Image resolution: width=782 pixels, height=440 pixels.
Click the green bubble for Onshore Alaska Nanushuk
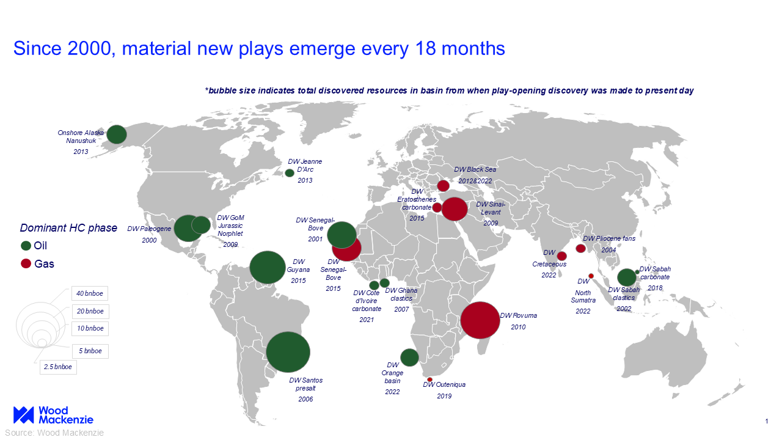pos(117,134)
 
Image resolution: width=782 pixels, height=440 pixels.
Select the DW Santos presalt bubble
pos(288,352)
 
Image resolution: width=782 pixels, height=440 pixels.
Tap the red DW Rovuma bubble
pos(480,320)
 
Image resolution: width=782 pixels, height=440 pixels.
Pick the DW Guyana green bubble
pos(268,267)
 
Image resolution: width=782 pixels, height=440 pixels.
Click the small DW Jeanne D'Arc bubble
pos(290,173)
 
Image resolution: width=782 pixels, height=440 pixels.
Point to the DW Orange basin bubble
pos(409,358)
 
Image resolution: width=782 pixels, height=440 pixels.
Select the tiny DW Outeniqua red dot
pos(429,380)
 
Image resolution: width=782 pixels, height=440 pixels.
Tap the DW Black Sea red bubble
pos(444,186)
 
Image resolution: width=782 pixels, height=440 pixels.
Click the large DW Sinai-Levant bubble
pos(455,209)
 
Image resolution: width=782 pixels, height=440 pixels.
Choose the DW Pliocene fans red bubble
pos(580,249)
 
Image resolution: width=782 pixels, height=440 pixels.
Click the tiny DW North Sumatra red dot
pos(591,276)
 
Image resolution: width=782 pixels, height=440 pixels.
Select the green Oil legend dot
pos(26,246)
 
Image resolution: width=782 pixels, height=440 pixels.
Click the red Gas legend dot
pos(26,263)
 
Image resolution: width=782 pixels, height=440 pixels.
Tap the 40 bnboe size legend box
pos(90,293)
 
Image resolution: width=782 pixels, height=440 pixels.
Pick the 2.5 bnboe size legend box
pos(58,367)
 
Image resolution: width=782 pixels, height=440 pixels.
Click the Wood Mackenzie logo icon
pos(24,415)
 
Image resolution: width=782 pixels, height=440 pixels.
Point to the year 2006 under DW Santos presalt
pos(305,399)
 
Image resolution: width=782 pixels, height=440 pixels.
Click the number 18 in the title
pos(425,48)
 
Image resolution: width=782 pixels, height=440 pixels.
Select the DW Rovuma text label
pos(519,315)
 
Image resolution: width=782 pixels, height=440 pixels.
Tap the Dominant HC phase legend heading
pos(68,228)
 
